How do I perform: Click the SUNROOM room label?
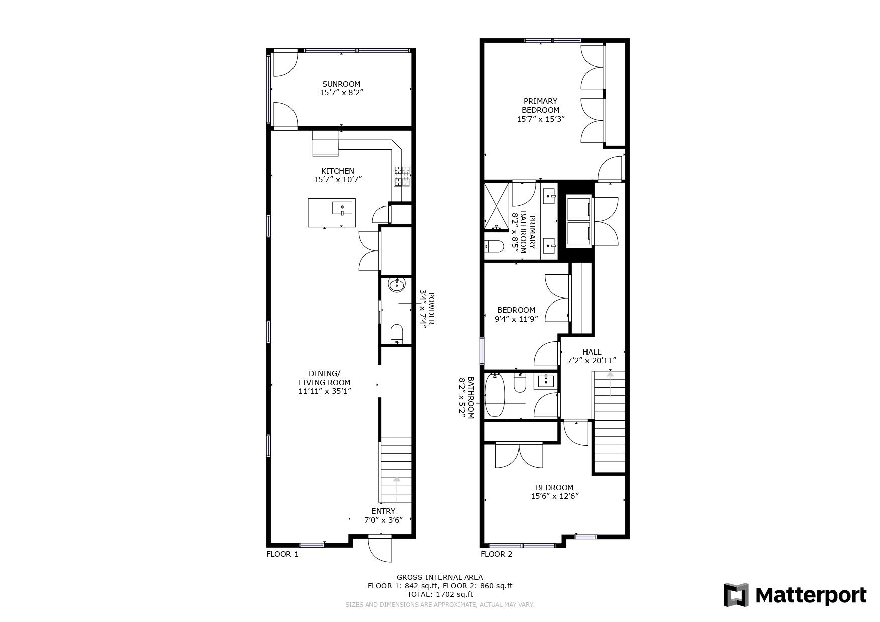point(341,84)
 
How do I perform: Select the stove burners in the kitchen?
point(401,176)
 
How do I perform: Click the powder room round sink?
point(397,286)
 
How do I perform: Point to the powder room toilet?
point(396,334)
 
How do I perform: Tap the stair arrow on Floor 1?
point(397,489)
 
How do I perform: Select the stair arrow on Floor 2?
point(610,383)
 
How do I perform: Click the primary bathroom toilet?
point(494,247)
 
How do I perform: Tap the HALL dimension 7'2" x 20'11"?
point(592,361)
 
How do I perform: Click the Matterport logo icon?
point(736,595)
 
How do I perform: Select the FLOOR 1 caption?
point(282,554)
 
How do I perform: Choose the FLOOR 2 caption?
point(497,554)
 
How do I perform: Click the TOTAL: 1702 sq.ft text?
point(439,594)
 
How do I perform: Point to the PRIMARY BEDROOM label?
point(540,105)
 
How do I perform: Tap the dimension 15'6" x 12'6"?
point(555,496)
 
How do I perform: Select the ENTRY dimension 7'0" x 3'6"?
point(383,520)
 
